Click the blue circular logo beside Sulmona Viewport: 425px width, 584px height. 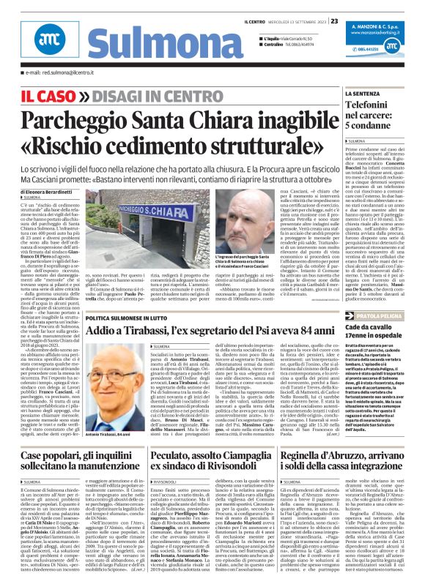point(45,45)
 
